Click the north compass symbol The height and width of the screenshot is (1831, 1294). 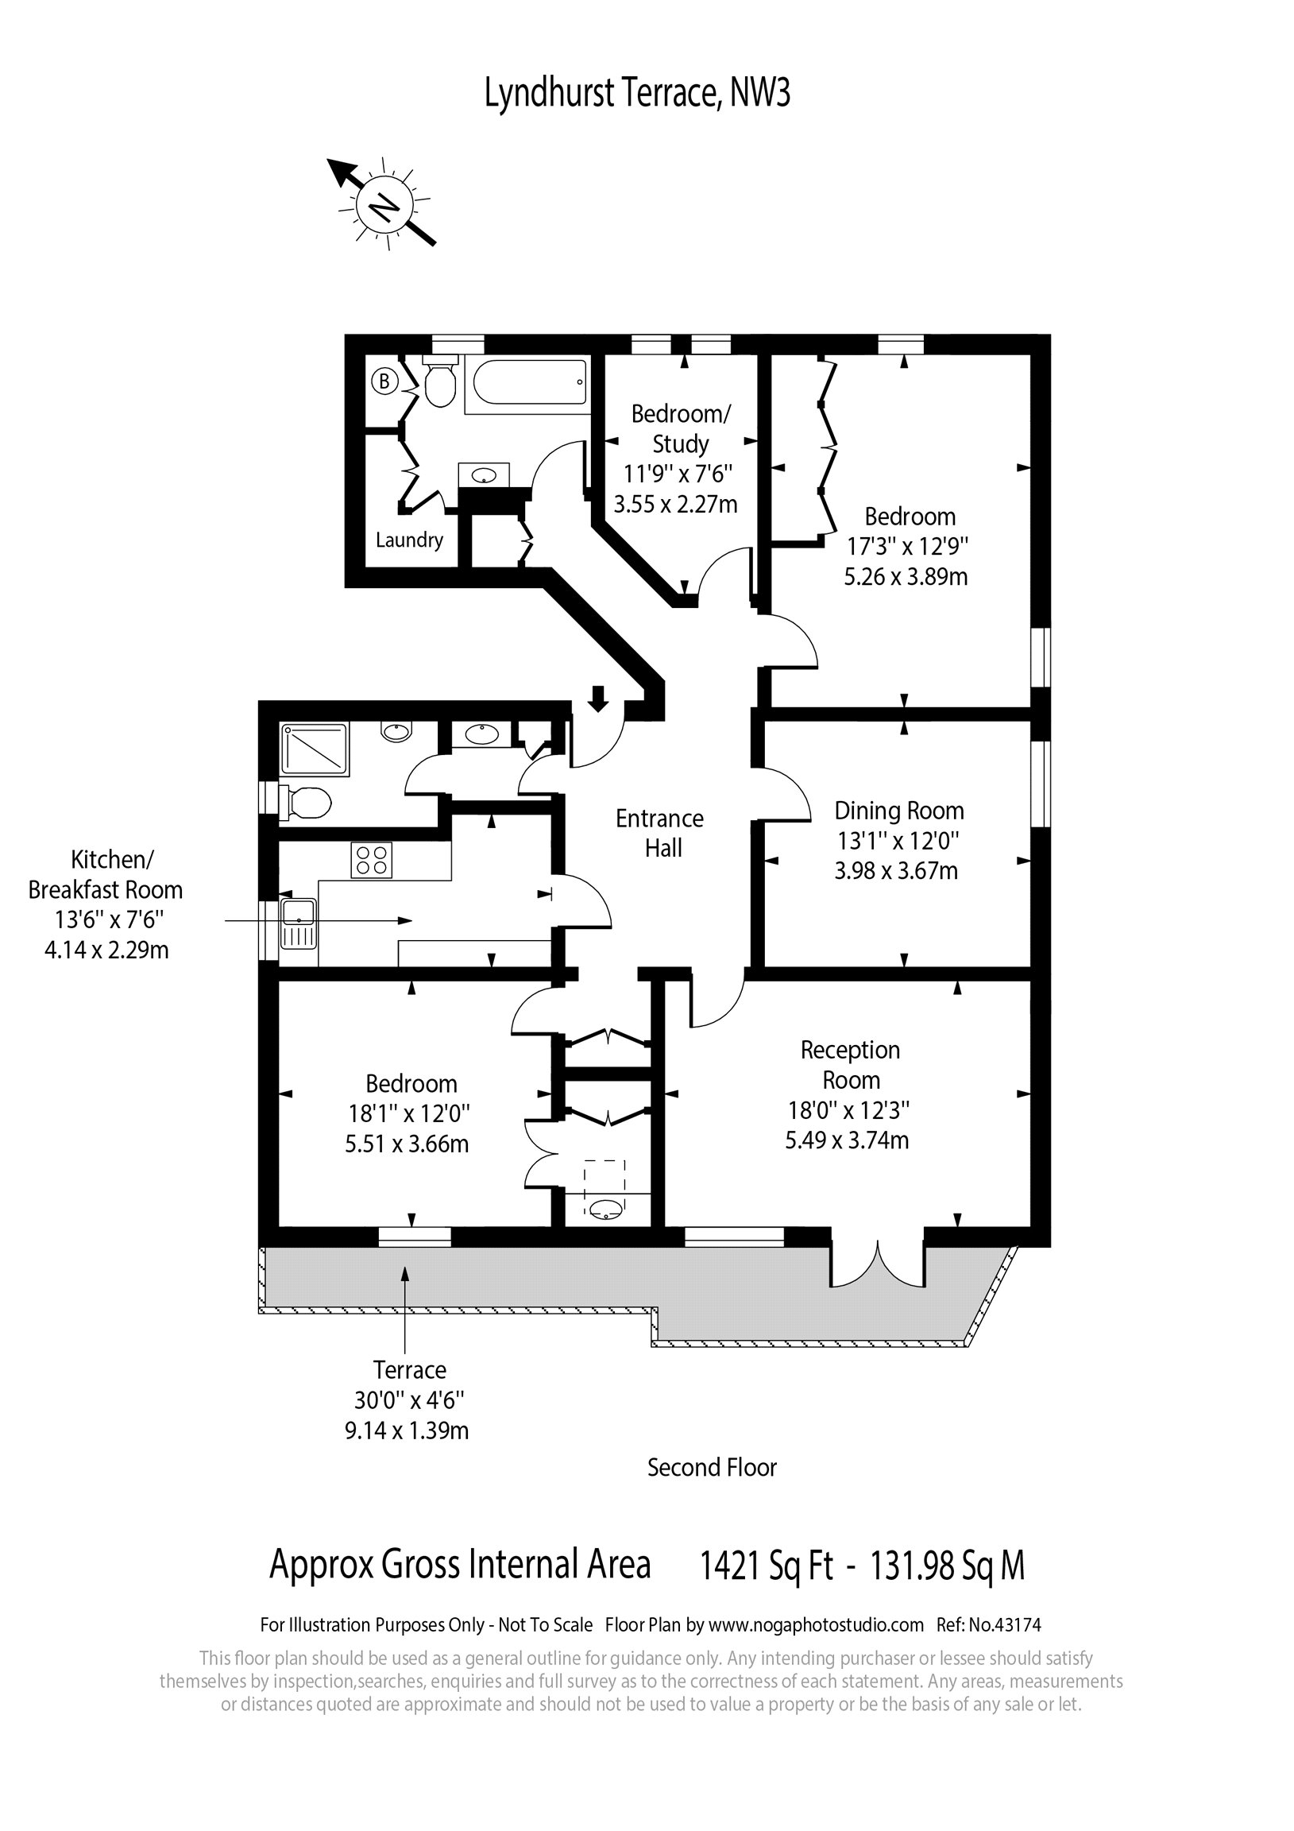click(384, 206)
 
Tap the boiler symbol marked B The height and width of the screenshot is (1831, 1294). click(384, 381)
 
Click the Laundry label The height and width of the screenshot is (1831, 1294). click(409, 540)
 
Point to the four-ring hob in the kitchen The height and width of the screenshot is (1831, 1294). click(372, 860)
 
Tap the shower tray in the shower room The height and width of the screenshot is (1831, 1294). click(314, 749)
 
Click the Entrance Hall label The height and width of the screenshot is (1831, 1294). click(660, 834)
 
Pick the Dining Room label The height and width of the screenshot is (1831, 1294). click(898, 811)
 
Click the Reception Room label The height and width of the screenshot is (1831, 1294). click(850, 1065)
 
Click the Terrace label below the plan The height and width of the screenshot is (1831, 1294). click(409, 1370)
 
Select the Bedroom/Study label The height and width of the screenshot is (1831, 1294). click(680, 428)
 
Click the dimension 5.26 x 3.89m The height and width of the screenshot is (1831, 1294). click(906, 577)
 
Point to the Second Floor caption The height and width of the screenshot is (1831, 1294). click(711, 1467)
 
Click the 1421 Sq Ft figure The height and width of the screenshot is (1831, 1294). click(766, 1566)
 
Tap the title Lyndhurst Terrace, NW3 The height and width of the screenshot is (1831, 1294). click(637, 94)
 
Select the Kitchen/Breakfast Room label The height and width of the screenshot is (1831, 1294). click(106, 875)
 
